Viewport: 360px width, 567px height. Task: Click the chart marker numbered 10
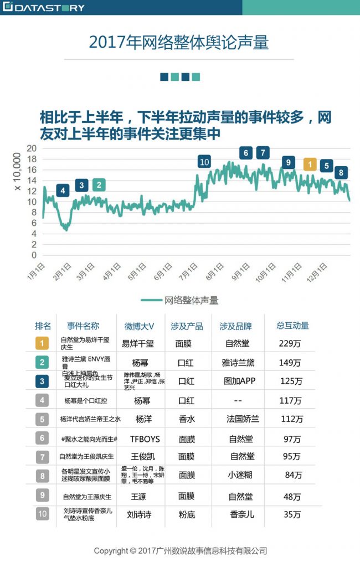coord(204,162)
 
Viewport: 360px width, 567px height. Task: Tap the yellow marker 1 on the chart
coord(310,164)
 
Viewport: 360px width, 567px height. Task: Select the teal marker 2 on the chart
coord(99,185)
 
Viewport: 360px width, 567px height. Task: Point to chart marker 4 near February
coord(63,190)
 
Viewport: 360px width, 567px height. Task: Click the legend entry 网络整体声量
coord(191,301)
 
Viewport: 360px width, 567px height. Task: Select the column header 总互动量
coord(292,326)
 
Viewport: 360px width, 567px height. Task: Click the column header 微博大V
coord(136,326)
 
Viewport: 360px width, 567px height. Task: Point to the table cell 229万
coord(290,343)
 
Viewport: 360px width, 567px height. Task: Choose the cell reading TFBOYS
coord(145,439)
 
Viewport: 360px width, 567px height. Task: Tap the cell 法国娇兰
coord(240,419)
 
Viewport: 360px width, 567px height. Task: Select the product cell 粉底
coord(186,514)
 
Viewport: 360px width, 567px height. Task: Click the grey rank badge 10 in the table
coord(43,514)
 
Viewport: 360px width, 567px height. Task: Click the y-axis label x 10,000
coord(17,173)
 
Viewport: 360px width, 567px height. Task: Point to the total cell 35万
coord(291,514)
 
